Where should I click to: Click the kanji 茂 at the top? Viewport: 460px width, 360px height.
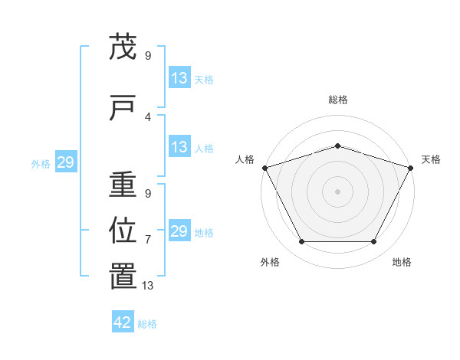tap(123, 47)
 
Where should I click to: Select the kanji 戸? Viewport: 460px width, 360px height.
tap(123, 107)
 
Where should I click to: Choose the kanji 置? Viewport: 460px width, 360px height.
tap(123, 276)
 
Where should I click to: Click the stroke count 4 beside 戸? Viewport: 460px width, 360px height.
tap(148, 116)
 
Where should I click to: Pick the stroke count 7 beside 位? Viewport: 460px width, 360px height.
tap(148, 240)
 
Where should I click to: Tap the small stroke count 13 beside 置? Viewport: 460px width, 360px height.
tap(148, 286)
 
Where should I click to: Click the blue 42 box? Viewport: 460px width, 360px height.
tap(123, 322)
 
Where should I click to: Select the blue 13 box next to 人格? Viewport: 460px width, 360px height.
tap(179, 148)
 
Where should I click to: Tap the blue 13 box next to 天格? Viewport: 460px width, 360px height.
tap(179, 78)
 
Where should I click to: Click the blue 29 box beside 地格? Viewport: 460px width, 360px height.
tap(179, 231)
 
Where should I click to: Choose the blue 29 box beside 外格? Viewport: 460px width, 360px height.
tap(65, 163)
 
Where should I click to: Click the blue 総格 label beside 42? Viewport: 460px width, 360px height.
tap(147, 324)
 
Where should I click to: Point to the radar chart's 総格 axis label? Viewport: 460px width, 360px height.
tap(337, 100)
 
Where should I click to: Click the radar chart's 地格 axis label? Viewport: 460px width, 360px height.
tap(402, 262)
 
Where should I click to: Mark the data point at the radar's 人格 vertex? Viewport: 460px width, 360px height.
tap(264, 168)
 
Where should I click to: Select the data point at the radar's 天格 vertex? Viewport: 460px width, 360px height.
tap(411, 168)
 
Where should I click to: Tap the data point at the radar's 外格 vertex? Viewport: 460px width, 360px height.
tap(301, 242)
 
